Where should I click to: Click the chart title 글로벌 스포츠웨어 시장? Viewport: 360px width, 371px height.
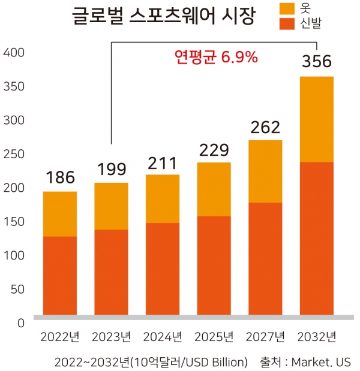click(163, 16)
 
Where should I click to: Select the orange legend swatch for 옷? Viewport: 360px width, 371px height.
click(289, 8)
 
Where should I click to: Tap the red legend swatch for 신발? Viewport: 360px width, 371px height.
click(289, 23)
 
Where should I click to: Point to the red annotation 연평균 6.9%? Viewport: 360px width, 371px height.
click(216, 58)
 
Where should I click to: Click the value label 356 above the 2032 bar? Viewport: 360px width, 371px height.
click(316, 62)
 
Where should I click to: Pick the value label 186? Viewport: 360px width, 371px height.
click(60, 177)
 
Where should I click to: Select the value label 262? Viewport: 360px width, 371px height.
click(265, 127)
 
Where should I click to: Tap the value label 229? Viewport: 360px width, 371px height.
click(214, 149)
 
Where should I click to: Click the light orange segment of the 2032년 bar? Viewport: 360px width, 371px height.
click(316, 119)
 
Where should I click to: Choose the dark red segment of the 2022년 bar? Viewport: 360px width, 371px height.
click(60, 276)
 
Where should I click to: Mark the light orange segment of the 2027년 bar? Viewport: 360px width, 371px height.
click(265, 171)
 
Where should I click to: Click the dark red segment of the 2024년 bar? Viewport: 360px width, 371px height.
click(163, 269)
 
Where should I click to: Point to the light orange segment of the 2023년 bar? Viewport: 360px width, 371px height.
click(111, 206)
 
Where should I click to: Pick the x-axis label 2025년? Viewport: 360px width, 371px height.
click(214, 336)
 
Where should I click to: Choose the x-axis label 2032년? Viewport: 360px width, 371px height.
click(316, 336)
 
